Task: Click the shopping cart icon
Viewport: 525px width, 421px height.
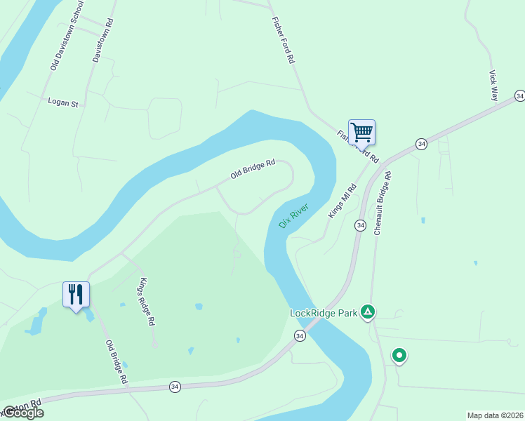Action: tap(361, 131)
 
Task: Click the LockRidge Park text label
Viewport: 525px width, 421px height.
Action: tap(324, 313)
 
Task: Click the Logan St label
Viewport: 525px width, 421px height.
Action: tap(62, 102)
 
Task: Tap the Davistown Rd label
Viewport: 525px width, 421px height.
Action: tap(103, 40)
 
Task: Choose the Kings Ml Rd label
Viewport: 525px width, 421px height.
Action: tap(343, 201)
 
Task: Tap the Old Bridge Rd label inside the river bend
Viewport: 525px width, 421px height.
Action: tap(252, 169)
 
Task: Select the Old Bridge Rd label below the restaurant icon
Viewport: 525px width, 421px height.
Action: tap(117, 361)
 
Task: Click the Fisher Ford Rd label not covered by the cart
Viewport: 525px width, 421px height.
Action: tap(282, 41)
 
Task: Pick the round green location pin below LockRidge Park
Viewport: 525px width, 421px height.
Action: tap(399, 356)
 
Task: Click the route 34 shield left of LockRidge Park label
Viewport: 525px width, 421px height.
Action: tap(300, 336)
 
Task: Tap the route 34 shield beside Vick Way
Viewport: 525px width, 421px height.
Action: tap(519, 95)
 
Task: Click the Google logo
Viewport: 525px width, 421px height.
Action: tap(22, 413)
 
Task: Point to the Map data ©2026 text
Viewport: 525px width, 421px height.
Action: tap(495, 415)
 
